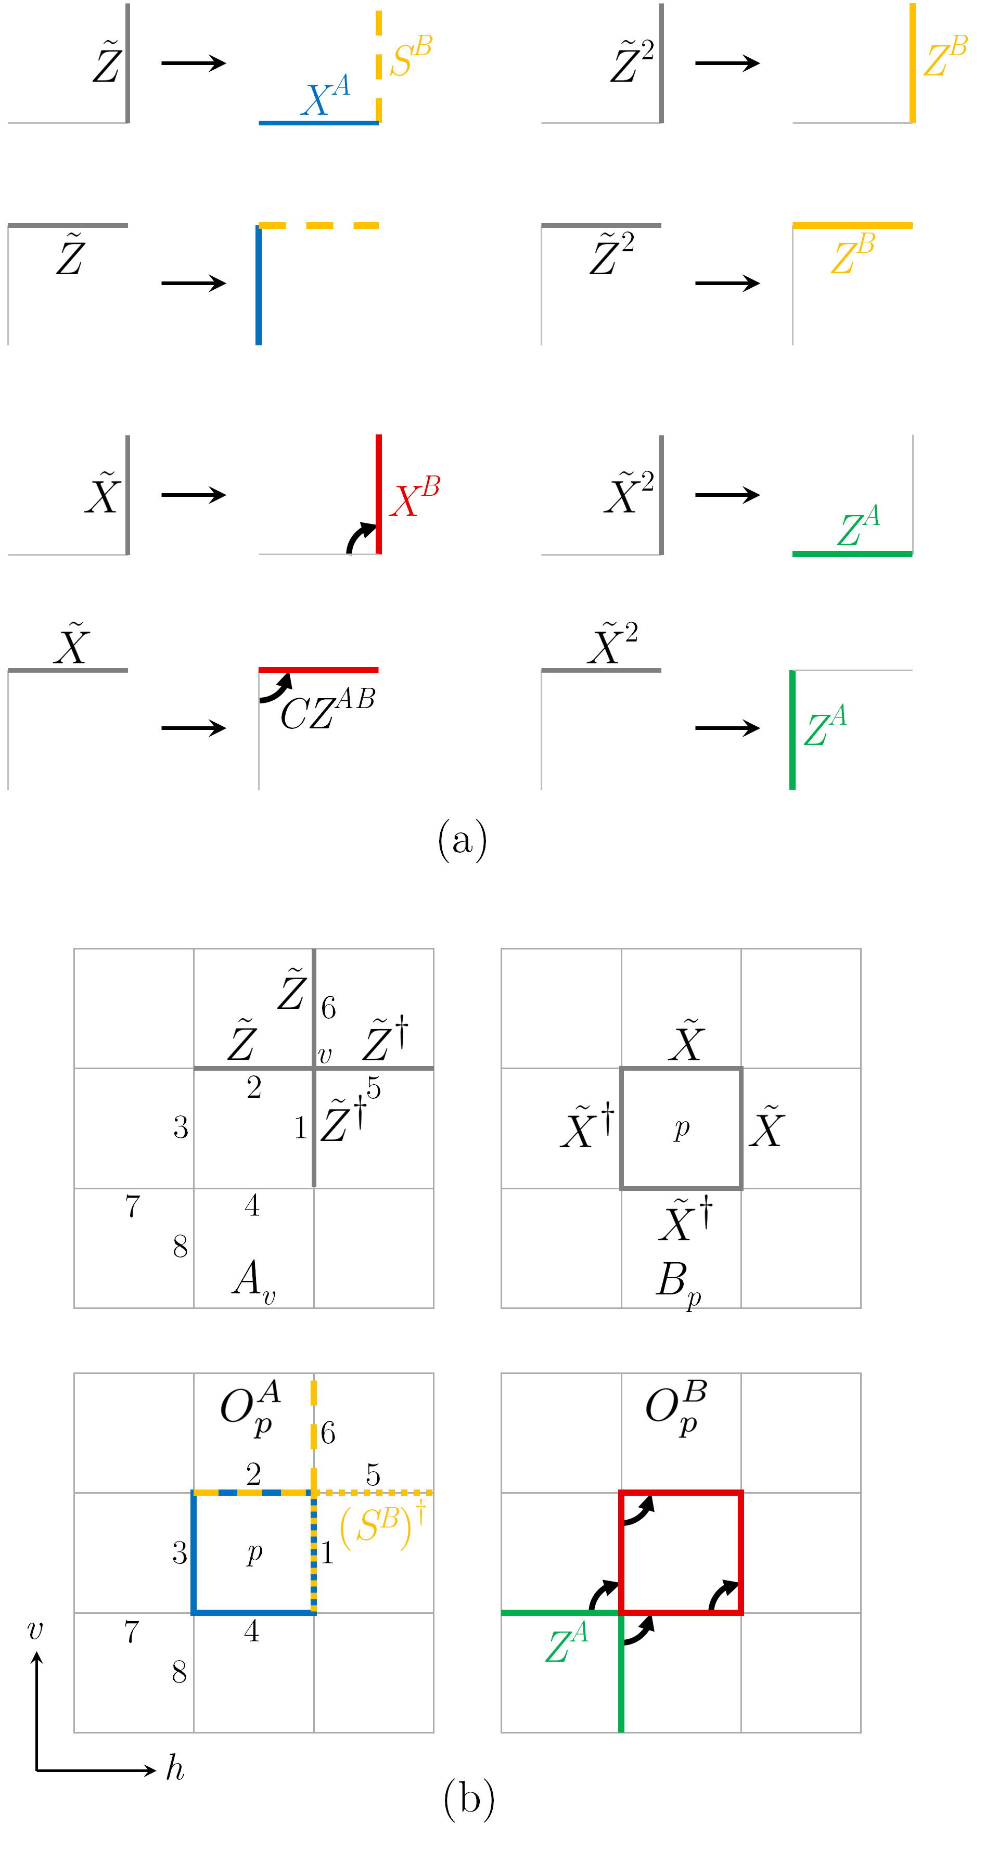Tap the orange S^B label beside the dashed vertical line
pos(411,57)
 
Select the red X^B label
pos(414,497)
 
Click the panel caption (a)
pos(463,839)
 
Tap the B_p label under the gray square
pos(677,1282)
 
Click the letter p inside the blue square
pos(254,1552)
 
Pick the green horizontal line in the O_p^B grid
pos(560,1613)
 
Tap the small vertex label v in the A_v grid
pos(325,1055)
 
